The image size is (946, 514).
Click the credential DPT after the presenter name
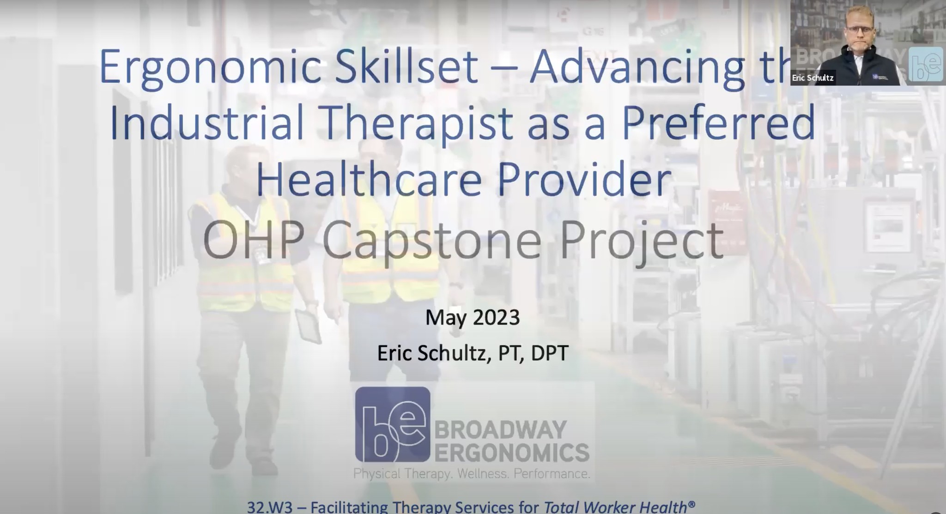[x=550, y=353]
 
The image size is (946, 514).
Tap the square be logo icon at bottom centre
[x=393, y=424]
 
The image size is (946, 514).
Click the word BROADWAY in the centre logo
[x=501, y=430]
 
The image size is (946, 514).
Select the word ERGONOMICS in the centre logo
[x=512, y=452]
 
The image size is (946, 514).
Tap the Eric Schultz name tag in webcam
[x=813, y=78]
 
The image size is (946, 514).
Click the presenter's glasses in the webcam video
[x=860, y=29]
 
